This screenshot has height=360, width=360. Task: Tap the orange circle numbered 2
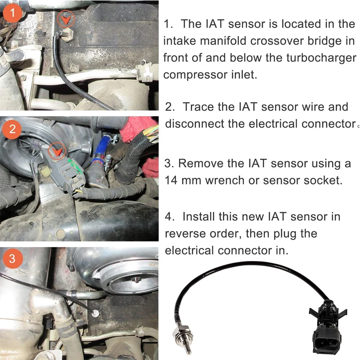[12, 130]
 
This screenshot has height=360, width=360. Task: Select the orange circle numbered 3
[12, 259]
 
